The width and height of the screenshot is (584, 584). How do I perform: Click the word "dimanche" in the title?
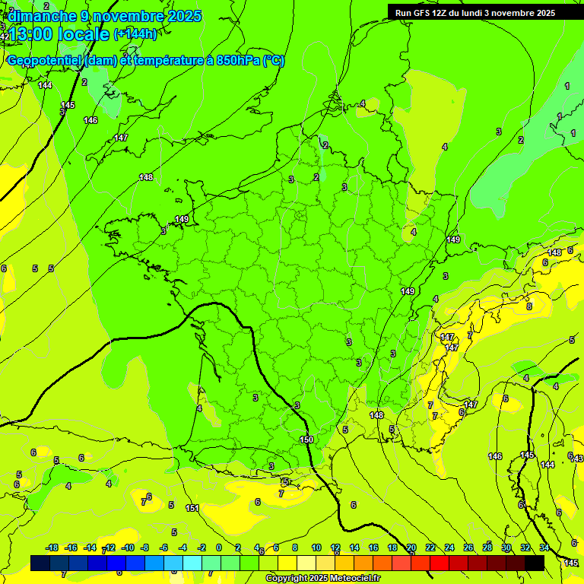click(x=42, y=16)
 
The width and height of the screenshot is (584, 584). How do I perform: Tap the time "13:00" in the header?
click(x=32, y=34)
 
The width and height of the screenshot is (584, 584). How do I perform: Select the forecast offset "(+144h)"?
click(x=135, y=34)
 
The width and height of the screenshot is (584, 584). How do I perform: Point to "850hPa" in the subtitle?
click(x=236, y=61)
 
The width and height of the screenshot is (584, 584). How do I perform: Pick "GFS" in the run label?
click(x=423, y=13)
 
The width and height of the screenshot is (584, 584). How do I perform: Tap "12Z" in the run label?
click(x=443, y=13)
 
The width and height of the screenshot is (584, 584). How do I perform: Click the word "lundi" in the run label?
click(x=481, y=13)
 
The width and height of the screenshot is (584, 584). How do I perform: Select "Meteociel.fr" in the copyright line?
click(x=353, y=579)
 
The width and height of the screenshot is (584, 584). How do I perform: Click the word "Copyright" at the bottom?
click(x=287, y=579)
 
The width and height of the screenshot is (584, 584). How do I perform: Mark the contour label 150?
click(x=306, y=440)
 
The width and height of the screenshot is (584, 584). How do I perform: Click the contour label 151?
click(x=192, y=508)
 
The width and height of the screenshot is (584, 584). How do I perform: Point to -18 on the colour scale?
click(x=52, y=547)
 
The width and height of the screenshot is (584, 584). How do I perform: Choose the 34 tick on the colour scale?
click(x=544, y=547)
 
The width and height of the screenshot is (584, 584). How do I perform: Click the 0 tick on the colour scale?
click(x=219, y=547)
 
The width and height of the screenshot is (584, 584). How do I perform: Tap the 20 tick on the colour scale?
click(x=411, y=547)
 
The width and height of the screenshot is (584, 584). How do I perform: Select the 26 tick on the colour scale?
click(x=468, y=547)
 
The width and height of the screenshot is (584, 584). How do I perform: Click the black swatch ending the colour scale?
click(x=535, y=563)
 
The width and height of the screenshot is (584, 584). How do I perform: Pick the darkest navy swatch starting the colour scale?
click(x=40, y=563)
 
